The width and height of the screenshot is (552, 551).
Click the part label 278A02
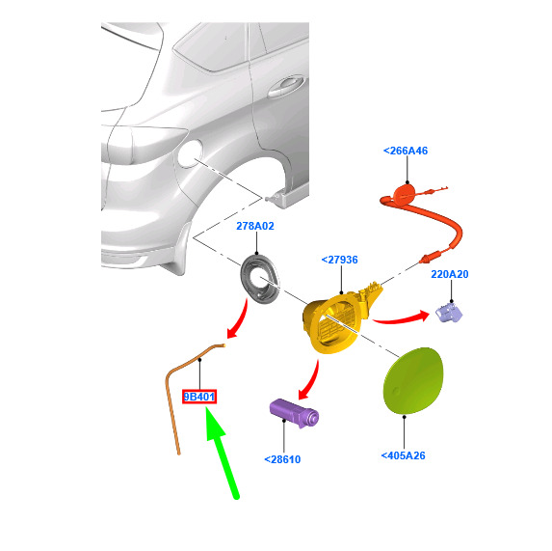(255, 226)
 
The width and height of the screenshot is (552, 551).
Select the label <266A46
(406, 151)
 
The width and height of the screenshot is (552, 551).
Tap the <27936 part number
(339, 260)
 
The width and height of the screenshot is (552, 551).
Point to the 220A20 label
(450, 274)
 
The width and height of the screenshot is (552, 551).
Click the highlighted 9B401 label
(199, 397)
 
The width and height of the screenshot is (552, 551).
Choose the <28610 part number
(282, 459)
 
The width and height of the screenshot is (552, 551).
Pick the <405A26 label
(403, 455)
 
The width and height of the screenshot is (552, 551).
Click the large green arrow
(222, 452)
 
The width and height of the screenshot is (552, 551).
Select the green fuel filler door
(413, 381)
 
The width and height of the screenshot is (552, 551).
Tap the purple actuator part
(295, 413)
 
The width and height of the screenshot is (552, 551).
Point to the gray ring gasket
(259, 279)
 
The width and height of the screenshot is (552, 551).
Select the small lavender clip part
(449, 313)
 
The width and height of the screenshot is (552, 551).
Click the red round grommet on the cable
(405, 195)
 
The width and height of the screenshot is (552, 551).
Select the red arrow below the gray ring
(239, 320)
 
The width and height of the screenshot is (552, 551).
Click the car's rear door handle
(285, 87)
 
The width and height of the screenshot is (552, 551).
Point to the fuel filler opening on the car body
(190, 153)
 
